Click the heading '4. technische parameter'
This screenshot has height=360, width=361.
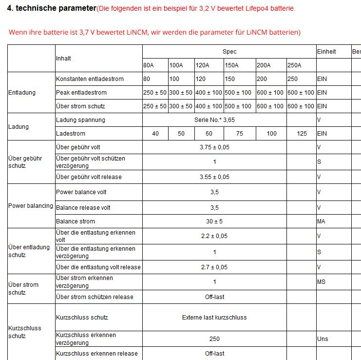coord(51,8)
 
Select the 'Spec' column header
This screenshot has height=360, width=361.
coord(229,52)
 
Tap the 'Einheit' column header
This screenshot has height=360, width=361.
coord(326,52)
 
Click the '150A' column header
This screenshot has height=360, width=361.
coord(231,65)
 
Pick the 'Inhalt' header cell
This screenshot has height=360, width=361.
coord(63,59)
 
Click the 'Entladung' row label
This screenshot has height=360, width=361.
coord(22,93)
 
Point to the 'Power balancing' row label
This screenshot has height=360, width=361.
coord(31,206)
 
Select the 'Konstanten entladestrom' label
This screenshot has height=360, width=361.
coord(90,79)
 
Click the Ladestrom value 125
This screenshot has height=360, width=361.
coord(302,134)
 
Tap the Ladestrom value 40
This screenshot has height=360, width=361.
coord(155,134)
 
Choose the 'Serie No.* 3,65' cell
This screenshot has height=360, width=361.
coord(214,120)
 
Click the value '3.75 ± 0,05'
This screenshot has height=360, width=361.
coord(214,147)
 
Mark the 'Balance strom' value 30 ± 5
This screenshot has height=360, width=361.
coord(214,221)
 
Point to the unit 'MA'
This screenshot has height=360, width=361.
coord(321,221)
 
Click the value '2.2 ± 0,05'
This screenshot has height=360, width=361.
coord(214,236)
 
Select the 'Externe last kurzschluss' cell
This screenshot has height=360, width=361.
coord(214,318)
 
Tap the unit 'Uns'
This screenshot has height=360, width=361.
coord(323,339)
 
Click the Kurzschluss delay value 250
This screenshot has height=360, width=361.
coord(214,339)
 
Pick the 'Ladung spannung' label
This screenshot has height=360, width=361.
coord(80,120)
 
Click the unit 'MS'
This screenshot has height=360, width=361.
coord(321,282)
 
